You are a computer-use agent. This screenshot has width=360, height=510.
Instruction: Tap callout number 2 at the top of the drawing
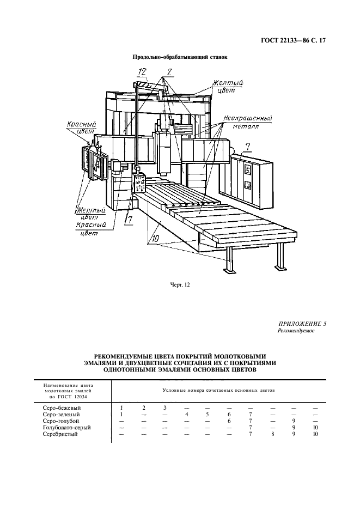tap(169, 71)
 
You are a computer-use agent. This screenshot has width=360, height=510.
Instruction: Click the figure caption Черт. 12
tap(180, 283)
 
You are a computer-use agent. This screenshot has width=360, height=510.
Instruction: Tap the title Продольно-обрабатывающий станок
tap(180, 57)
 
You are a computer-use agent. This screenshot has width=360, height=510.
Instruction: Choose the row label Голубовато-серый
tap(66, 427)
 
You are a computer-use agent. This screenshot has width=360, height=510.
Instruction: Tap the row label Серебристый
tap(61, 434)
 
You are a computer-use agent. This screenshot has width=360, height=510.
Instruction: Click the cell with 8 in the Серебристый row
tap(272, 434)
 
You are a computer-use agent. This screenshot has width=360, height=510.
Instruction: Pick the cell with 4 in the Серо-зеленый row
tap(186, 414)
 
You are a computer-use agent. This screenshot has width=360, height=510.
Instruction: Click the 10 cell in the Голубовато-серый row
tap(315, 427)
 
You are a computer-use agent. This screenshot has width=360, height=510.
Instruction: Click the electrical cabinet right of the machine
tap(252, 183)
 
